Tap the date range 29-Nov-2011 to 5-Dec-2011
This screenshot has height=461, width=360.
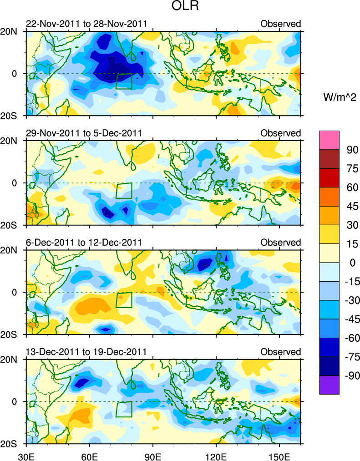84,133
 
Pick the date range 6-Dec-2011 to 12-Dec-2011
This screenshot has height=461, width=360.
84,242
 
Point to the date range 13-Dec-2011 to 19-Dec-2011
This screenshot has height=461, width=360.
86,352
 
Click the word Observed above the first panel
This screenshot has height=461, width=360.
280,24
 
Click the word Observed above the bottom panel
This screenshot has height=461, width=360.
280,352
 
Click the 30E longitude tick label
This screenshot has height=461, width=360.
26,455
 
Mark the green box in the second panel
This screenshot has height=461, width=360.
124,190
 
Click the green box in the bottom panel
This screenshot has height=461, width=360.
124,409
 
